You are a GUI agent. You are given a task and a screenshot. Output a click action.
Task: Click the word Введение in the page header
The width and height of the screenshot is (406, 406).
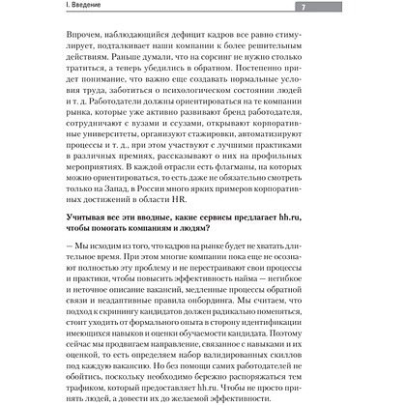click(41, 8)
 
